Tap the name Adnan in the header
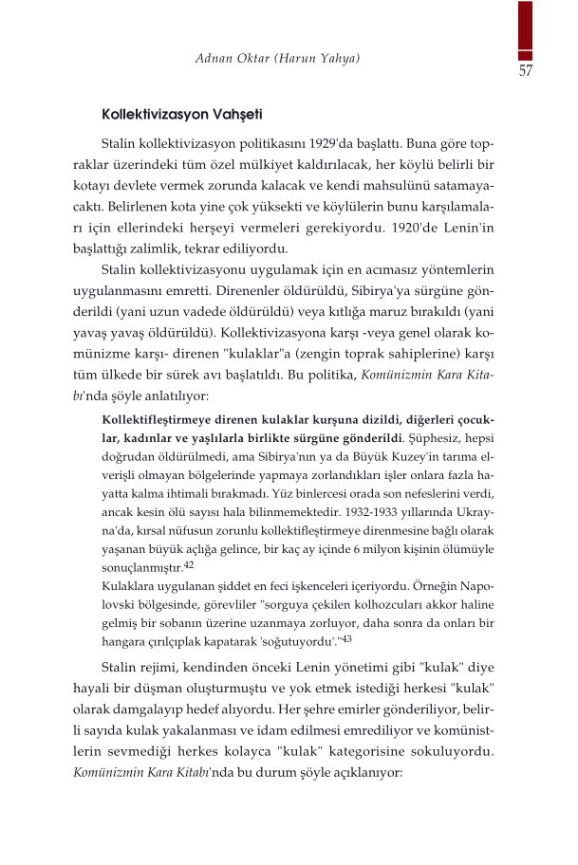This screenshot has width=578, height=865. (215, 60)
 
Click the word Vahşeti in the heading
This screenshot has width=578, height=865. (237, 115)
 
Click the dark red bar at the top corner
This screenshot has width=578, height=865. (524, 28)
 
